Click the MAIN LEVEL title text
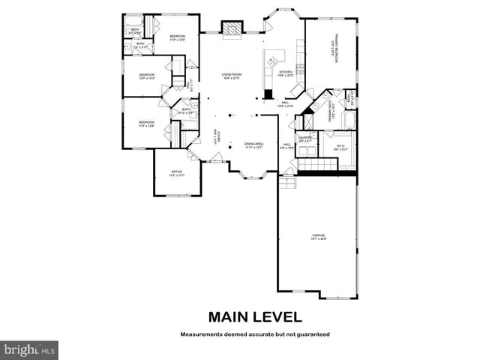(x=254, y=316)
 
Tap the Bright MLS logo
(x=29, y=349)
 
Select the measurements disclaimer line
(x=254, y=334)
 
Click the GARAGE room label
(x=319, y=237)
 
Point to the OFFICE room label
(x=177, y=173)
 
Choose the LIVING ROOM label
(x=230, y=76)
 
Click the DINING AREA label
(x=254, y=145)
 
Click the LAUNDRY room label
(x=304, y=139)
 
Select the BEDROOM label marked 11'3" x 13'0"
(x=177, y=37)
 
